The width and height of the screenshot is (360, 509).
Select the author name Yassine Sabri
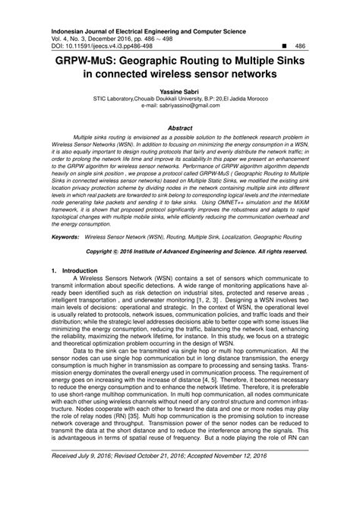(179, 90)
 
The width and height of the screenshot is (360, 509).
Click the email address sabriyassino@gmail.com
(190, 108)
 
